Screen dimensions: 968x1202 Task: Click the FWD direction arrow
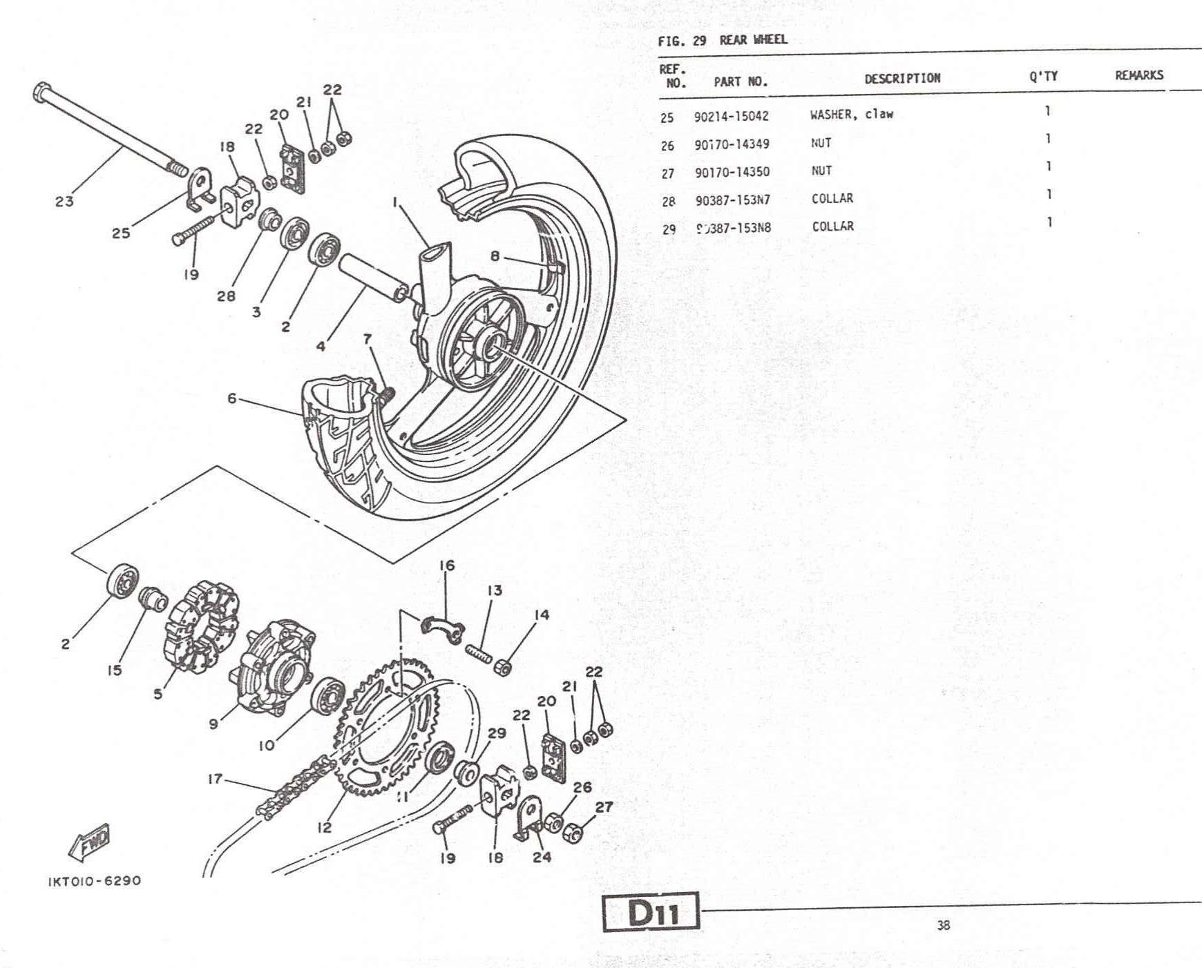click(90, 842)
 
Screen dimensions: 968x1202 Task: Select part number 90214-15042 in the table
click(731, 117)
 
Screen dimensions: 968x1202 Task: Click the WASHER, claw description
click(851, 114)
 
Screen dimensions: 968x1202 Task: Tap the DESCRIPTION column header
click(901, 78)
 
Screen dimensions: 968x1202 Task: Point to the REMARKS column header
click(1138, 75)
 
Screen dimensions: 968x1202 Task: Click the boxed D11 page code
click(651, 912)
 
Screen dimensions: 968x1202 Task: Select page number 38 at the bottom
click(943, 925)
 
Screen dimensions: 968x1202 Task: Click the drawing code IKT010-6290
click(95, 881)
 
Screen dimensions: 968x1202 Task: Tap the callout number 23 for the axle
click(64, 202)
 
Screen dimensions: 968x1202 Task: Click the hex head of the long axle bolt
click(41, 92)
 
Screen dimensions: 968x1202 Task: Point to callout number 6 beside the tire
click(232, 398)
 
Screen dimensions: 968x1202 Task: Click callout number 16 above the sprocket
click(447, 565)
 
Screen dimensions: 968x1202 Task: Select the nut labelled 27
click(573, 833)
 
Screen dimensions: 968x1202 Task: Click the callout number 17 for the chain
click(215, 779)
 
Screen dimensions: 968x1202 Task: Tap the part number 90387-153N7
click(732, 200)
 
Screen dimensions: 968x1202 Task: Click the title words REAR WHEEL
click(753, 39)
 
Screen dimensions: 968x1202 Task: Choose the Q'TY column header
click(1043, 76)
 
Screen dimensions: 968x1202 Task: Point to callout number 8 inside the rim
click(495, 256)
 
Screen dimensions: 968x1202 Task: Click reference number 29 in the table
click(668, 229)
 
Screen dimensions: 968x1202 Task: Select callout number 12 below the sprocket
click(325, 827)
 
